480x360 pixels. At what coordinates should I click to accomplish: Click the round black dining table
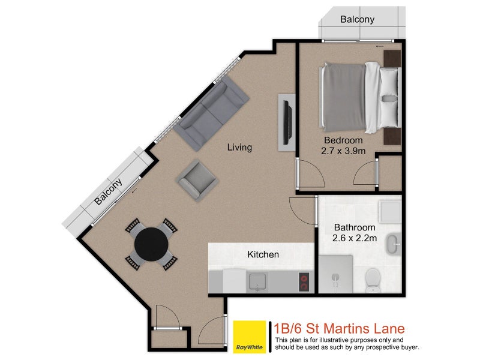(151, 243)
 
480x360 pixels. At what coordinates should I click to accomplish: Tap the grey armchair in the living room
(195, 180)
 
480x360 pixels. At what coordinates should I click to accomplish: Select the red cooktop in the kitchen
(304, 282)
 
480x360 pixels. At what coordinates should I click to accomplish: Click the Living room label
(239, 147)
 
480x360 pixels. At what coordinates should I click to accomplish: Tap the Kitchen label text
(263, 254)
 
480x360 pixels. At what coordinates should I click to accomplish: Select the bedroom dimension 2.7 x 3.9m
(344, 151)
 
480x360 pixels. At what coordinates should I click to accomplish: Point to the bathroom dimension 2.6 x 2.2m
(355, 238)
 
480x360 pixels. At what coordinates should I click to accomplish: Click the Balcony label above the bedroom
(357, 19)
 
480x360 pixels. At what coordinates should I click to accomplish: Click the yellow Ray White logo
(250, 337)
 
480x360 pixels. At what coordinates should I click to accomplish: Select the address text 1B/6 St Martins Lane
(339, 329)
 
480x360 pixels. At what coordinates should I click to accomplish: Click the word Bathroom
(355, 227)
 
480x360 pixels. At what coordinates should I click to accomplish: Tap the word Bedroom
(343, 140)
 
